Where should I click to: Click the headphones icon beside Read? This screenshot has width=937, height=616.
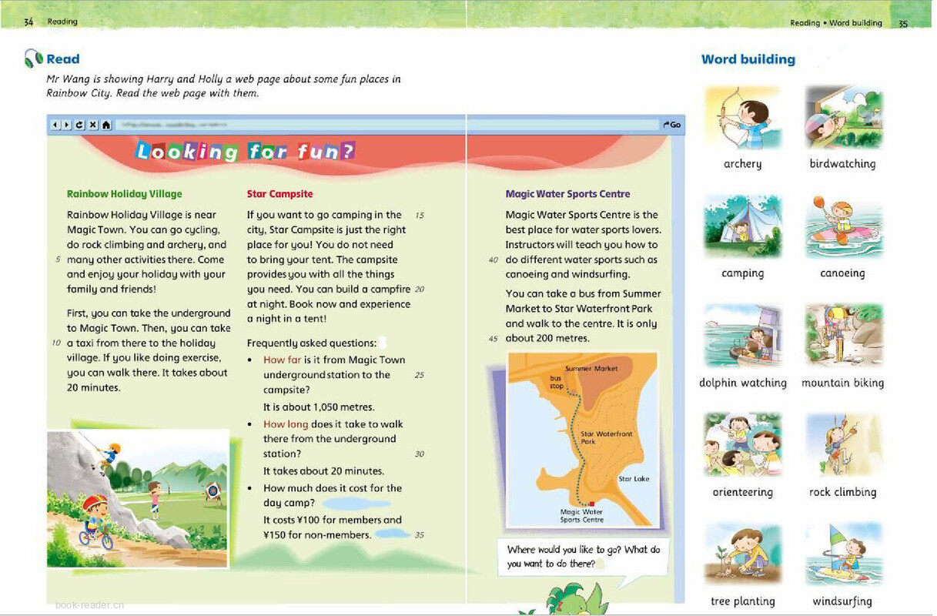click(x=33, y=59)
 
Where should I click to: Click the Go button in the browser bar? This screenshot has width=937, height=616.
click(x=672, y=125)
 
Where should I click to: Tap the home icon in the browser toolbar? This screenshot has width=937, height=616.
click(x=106, y=125)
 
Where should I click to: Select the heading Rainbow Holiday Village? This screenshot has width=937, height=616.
click(x=125, y=194)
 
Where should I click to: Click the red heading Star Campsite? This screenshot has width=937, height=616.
click(x=280, y=194)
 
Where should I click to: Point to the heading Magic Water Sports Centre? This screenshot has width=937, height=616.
click(x=567, y=194)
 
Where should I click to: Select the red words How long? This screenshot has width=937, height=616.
click(x=286, y=424)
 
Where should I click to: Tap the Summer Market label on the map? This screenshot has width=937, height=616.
click(x=591, y=369)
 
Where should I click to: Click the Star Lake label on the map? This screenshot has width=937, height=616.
click(x=634, y=479)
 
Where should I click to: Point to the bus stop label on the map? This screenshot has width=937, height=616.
click(x=556, y=381)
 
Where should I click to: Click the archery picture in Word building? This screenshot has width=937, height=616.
click(x=743, y=117)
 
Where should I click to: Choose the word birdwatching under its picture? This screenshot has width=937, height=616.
click(x=842, y=164)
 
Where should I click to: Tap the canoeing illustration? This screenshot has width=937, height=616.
click(x=843, y=226)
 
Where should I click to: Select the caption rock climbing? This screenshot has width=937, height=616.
click(x=842, y=492)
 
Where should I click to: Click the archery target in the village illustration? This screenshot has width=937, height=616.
click(x=212, y=490)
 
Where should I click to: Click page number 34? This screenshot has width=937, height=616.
click(x=28, y=22)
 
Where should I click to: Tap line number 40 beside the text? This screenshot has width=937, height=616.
click(x=494, y=260)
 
